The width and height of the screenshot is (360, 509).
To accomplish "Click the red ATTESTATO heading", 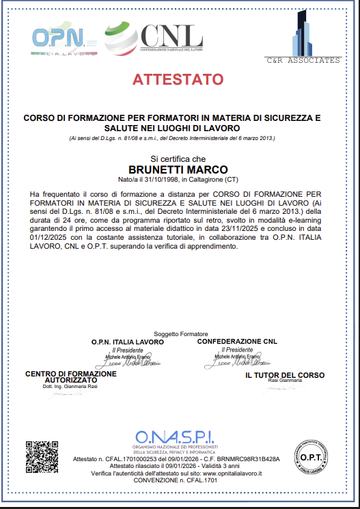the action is pos(178,79).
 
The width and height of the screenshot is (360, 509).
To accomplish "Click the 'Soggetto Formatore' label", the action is pos(178,333).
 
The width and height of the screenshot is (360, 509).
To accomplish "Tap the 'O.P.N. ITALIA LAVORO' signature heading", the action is pos(128,341).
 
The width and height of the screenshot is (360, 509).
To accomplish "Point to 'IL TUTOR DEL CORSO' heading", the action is pos(285,375).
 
